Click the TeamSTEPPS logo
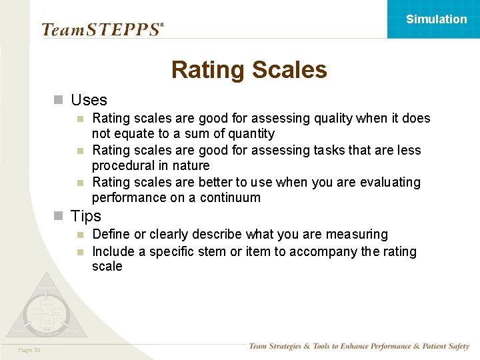(x=102, y=29)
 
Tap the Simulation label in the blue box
(x=436, y=19)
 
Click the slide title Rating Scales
(x=249, y=70)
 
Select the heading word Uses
(x=89, y=100)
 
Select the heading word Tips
(x=86, y=216)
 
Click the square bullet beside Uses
(x=59, y=100)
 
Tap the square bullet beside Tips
(x=59, y=216)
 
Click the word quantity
(x=250, y=134)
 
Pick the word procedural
(x=122, y=166)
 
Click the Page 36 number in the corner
(x=29, y=350)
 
